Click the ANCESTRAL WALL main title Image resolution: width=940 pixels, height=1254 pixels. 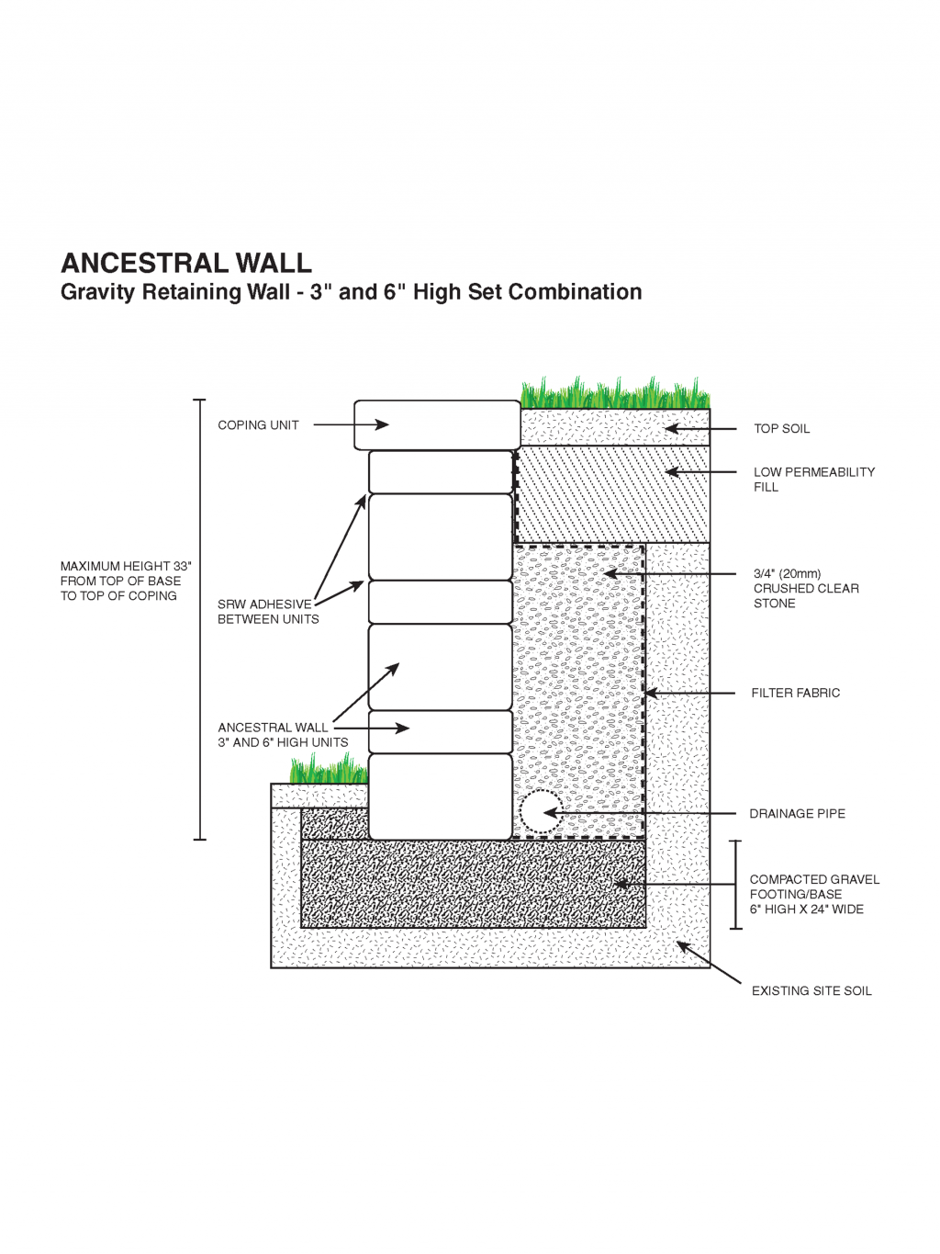(186, 264)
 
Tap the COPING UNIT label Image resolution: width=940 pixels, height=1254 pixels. (258, 425)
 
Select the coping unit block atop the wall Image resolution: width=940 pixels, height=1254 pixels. (438, 425)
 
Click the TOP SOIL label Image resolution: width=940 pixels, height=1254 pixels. (781, 429)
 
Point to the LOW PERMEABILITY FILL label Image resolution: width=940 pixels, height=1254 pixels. (813, 480)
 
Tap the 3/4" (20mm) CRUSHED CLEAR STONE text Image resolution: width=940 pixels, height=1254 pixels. (805, 589)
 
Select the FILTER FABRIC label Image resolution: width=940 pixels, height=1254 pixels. (795, 694)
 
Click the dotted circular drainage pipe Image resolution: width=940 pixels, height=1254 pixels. (540, 812)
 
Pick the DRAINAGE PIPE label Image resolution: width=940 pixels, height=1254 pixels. (797, 814)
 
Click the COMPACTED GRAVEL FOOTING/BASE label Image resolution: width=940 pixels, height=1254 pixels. (813, 895)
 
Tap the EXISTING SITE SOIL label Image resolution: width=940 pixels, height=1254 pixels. (811, 991)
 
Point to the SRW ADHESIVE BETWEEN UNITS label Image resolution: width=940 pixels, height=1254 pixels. (267, 612)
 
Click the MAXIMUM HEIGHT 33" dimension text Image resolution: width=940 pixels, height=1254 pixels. (126, 582)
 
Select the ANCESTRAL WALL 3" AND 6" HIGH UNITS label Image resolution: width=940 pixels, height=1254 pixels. (282, 735)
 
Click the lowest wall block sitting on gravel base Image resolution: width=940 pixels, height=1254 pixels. (440, 796)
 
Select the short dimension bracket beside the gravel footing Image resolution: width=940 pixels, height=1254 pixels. (735, 885)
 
